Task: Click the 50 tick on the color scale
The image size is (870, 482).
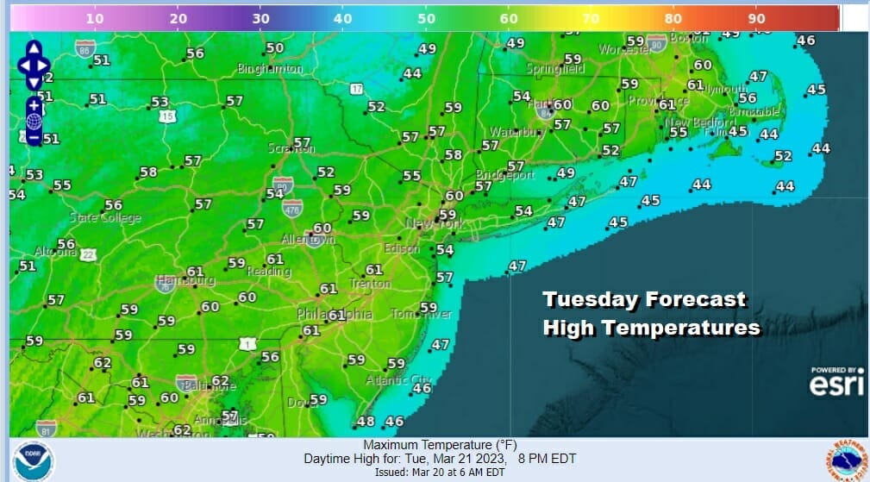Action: (426, 17)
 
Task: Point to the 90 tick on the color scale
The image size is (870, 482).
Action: (756, 17)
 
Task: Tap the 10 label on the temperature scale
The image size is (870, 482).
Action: (96, 17)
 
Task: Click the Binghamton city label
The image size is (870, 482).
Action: (272, 68)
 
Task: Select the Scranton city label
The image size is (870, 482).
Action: (291, 148)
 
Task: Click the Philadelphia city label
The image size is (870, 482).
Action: (335, 315)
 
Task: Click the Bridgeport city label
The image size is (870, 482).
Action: (506, 175)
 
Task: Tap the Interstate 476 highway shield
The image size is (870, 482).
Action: (292, 206)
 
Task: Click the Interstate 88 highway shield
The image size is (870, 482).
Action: (84, 49)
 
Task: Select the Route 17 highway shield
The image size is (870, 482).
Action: (356, 89)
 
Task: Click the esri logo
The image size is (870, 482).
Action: (836, 385)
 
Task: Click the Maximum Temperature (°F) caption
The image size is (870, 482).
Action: (422, 445)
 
